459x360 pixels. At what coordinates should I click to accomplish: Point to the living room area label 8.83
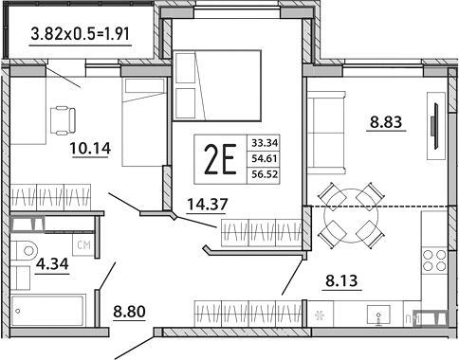[386, 121]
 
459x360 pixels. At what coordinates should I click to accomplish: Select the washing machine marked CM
[83, 248]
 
